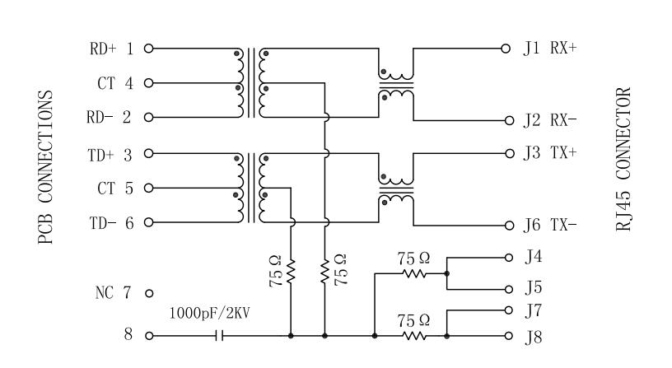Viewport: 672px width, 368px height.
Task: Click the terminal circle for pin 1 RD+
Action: tap(149, 49)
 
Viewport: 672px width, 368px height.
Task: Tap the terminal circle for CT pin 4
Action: tap(149, 82)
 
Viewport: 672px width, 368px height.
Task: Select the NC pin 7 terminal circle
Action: tap(149, 293)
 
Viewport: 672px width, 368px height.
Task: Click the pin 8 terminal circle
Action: tap(149, 336)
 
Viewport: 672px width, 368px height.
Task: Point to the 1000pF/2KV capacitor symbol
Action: tap(219, 336)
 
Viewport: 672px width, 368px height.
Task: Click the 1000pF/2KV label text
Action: tap(209, 313)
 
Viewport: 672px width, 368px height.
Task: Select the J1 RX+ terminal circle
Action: tap(506, 49)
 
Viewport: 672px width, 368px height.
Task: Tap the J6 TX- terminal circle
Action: tap(509, 226)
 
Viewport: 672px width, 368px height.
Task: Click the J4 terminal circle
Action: tap(509, 258)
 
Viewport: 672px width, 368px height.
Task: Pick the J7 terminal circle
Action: tap(509, 310)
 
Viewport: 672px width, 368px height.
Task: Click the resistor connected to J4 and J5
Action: tap(414, 273)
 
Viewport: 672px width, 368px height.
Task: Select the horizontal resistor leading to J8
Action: tap(414, 336)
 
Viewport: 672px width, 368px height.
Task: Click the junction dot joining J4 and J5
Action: tap(447, 273)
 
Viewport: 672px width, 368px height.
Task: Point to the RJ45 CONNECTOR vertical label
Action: tap(623, 160)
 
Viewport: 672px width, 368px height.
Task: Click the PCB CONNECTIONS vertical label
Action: tap(45, 167)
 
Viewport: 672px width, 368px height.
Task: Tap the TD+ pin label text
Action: tap(101, 155)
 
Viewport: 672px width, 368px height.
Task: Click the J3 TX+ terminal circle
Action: tap(509, 153)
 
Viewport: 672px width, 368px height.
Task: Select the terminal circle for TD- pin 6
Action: tap(149, 222)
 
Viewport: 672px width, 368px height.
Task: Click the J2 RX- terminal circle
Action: tap(509, 120)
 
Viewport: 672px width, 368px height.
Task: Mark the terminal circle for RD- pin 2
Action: tap(149, 117)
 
